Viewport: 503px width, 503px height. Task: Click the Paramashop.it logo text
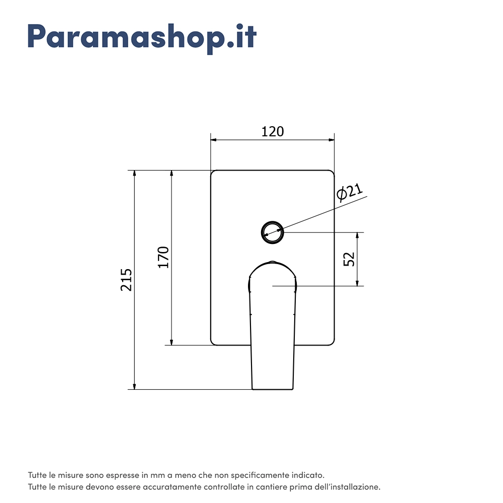[142, 36]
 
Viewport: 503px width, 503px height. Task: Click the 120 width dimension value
[273, 131]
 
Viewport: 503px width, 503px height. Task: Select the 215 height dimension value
[127, 280]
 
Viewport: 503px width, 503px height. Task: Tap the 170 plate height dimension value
[164, 257]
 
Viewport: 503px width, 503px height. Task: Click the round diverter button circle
[273, 232]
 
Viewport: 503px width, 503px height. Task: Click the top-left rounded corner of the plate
[213, 173]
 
